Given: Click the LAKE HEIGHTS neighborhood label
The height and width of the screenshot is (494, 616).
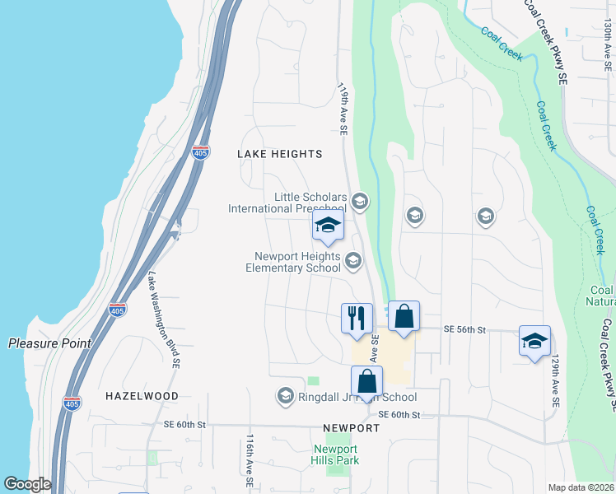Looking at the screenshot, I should (x=280, y=154).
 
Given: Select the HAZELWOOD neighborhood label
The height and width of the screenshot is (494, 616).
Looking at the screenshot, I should (x=142, y=396).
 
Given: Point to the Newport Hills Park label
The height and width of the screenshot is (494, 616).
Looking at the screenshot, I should (x=335, y=454).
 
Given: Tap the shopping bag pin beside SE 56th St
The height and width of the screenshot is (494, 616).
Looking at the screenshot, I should (x=404, y=317).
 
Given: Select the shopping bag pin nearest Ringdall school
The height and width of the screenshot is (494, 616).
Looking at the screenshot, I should (x=367, y=381).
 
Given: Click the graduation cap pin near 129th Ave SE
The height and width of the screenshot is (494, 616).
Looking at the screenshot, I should (x=534, y=341).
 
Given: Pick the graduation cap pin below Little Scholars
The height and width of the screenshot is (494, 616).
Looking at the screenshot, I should (x=328, y=226).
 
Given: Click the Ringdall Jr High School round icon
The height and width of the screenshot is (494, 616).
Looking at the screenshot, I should (x=286, y=396).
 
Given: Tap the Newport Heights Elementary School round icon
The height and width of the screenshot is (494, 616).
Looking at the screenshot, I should (x=352, y=261).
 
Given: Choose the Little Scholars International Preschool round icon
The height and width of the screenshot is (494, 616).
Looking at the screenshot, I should (x=359, y=201).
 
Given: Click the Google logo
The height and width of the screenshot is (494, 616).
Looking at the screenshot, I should (x=27, y=484).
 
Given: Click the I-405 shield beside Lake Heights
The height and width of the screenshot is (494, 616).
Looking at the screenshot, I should (x=199, y=152).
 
